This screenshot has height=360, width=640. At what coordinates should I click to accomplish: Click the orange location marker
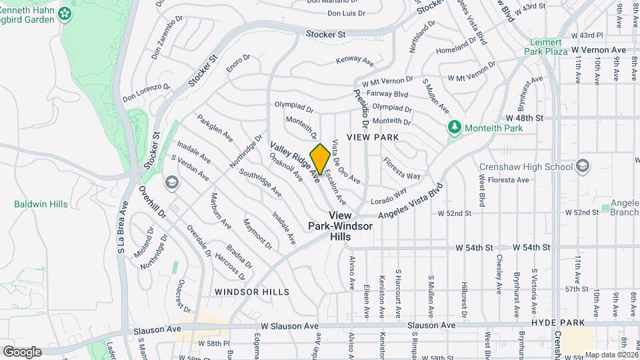pyautogui.click(x=320, y=159)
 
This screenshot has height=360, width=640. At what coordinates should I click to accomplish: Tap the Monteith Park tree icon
pyautogui.click(x=455, y=126)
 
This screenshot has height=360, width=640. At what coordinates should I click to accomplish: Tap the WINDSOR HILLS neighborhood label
pyautogui.click(x=252, y=292)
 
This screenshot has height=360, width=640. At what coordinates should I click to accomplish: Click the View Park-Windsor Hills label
pyautogui.click(x=340, y=226)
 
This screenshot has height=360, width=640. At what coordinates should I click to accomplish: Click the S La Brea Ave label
pyautogui.click(x=122, y=227)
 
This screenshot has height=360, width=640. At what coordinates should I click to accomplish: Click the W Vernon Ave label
pyautogui.click(x=599, y=50)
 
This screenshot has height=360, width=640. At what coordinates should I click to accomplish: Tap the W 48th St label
pyautogui.click(x=530, y=117)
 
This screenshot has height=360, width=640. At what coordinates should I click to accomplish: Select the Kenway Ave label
pyautogui.click(x=355, y=61)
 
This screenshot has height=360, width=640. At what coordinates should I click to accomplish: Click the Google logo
pyautogui.click(x=22, y=351)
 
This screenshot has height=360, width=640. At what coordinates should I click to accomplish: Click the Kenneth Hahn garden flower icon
pyautogui.click(x=65, y=13)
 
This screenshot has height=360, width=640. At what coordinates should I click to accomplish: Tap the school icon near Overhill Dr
pyautogui.click(x=171, y=182)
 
